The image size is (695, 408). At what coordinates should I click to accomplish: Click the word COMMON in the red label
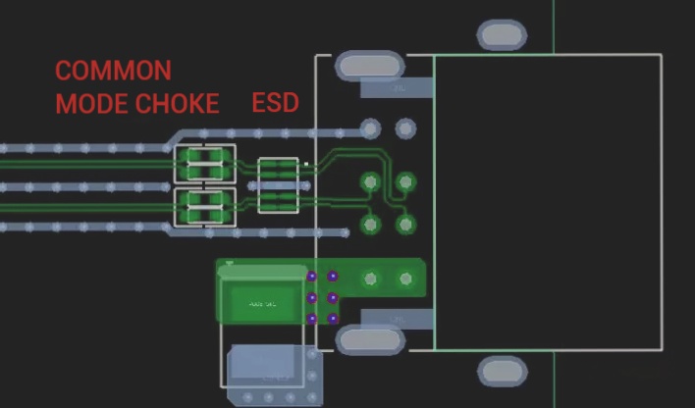(113, 71)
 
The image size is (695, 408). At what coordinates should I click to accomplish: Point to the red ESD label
(275, 103)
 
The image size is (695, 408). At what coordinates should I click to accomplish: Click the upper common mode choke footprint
(205, 164)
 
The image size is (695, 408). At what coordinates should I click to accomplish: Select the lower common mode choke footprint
(205, 208)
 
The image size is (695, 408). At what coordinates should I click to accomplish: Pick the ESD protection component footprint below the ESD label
(278, 184)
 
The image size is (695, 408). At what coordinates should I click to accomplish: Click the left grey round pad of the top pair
(370, 128)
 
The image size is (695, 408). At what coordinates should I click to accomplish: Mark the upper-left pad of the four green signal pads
(370, 182)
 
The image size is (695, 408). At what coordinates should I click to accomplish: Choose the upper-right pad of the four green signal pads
(404, 182)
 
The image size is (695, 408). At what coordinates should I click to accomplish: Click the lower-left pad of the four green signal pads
(370, 224)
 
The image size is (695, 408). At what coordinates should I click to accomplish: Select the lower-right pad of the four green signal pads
(404, 224)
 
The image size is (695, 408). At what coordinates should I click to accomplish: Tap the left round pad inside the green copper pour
(370, 280)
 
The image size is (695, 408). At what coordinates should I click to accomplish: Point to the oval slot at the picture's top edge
(502, 35)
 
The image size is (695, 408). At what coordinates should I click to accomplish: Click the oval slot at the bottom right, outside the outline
(502, 372)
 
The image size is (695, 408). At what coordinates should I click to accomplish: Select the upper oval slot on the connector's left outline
(369, 66)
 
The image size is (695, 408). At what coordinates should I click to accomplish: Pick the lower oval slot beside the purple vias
(369, 340)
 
